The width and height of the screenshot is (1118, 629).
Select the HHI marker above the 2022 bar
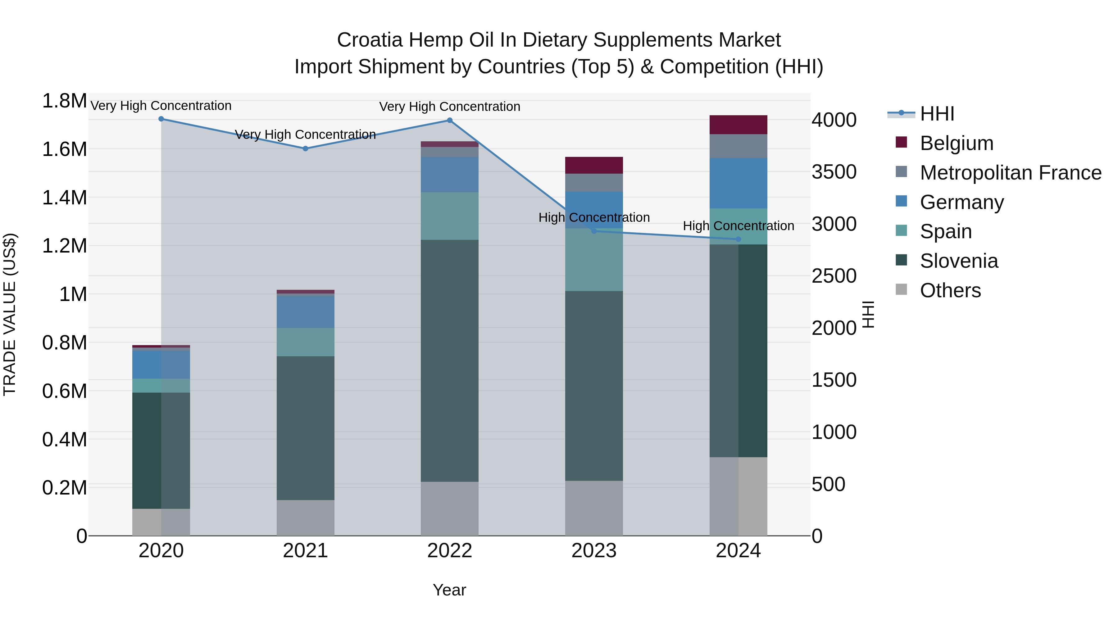(450, 120)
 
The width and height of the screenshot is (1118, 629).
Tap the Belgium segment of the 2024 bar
(738, 125)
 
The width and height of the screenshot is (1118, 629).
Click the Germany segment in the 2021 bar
(306, 311)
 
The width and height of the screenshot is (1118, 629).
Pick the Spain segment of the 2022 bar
(450, 216)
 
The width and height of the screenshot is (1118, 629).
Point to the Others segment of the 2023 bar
(594, 508)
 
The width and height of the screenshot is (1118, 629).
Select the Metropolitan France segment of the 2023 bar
(594, 182)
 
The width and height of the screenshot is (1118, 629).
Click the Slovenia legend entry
(959, 261)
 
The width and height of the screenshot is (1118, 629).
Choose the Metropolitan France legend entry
(1010, 173)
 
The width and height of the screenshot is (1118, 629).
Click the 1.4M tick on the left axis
(64, 198)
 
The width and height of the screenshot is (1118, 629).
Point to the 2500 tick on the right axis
(834, 276)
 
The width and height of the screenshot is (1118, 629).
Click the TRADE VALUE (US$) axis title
(10, 314)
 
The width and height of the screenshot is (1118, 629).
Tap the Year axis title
(449, 590)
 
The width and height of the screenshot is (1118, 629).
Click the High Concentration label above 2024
(738, 226)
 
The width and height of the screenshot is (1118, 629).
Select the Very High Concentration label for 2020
(161, 106)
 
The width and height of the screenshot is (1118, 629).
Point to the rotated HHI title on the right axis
(868, 314)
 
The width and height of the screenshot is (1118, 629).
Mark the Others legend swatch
(902, 289)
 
